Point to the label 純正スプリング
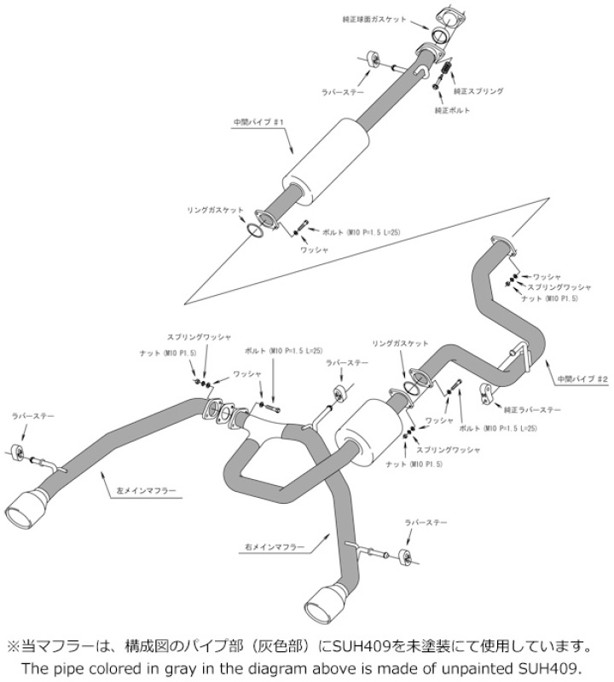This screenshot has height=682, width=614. tap(478, 90)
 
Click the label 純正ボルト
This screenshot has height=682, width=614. tap(452, 111)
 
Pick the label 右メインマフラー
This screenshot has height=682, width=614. tap(272, 542)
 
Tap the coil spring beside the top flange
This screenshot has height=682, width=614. tap(444, 65)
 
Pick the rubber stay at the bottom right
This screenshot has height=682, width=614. tap(407, 558)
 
